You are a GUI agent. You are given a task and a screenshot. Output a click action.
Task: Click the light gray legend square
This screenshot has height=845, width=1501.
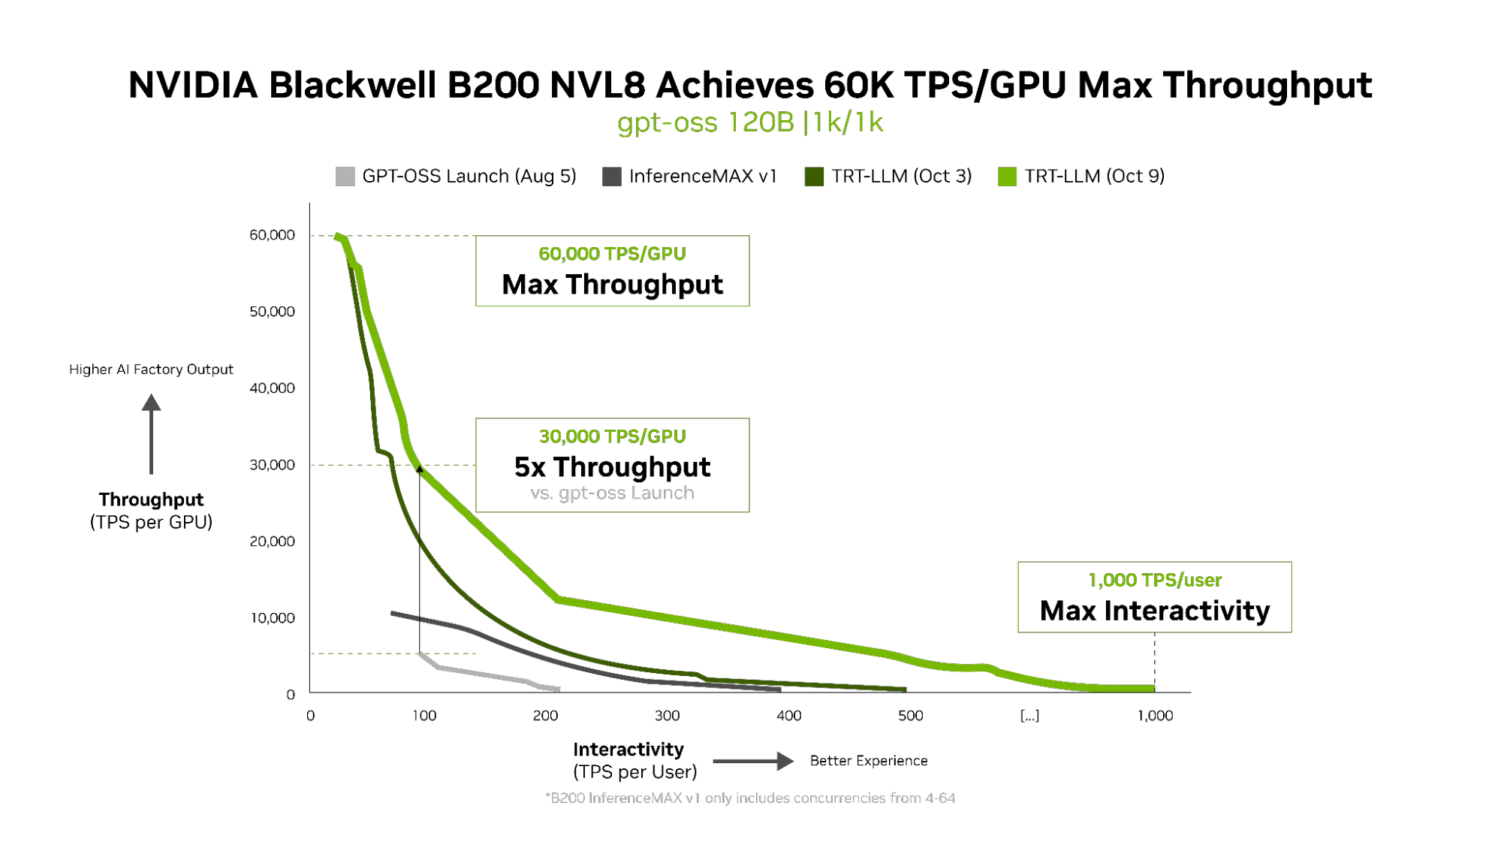tap(345, 174)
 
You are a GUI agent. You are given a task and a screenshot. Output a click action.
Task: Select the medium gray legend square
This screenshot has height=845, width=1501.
tap(613, 175)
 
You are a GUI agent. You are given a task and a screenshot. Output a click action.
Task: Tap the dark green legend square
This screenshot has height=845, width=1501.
tap(815, 176)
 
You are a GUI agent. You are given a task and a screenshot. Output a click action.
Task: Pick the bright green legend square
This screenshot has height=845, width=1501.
tap(1008, 176)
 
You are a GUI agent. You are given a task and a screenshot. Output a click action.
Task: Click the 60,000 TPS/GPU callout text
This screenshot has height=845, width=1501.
tap(612, 255)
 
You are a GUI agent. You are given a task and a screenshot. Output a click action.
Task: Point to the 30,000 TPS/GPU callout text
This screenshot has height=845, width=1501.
tap(612, 436)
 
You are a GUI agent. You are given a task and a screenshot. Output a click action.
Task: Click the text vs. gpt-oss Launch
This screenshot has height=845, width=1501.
tap(612, 493)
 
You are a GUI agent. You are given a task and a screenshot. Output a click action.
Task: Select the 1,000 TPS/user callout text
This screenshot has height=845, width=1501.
tap(1155, 580)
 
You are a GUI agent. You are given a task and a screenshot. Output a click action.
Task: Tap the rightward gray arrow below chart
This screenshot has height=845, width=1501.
tap(752, 762)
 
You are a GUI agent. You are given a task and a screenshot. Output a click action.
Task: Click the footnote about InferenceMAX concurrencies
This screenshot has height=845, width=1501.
tap(751, 798)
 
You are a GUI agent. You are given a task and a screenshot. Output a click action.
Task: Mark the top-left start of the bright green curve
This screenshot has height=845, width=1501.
tap(338, 237)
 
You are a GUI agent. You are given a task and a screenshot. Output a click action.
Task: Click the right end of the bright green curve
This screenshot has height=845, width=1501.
tap(1153, 688)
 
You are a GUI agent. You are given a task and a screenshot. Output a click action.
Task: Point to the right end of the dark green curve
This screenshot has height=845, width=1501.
tap(905, 688)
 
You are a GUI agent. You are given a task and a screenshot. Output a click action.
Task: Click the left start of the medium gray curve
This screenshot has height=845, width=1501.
tap(396, 614)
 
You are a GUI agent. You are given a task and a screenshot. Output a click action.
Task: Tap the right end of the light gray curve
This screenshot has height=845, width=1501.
tap(560, 688)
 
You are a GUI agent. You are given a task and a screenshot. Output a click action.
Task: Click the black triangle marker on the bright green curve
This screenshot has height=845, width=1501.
tap(419, 469)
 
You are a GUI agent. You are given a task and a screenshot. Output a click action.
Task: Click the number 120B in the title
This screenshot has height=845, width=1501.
tap(760, 122)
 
